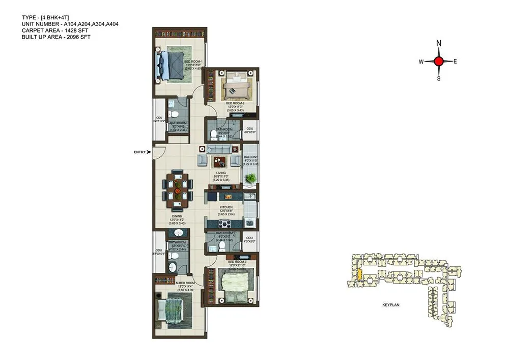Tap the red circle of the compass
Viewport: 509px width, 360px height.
[x=439, y=61]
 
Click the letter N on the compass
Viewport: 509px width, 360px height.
[x=439, y=43]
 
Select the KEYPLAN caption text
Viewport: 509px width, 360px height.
[x=391, y=304]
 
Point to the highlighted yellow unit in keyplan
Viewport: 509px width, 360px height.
[x=360, y=275]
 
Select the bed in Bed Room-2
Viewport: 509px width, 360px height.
[x=237, y=85]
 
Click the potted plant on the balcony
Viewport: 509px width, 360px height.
[x=250, y=178]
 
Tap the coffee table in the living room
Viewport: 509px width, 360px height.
[x=219, y=162]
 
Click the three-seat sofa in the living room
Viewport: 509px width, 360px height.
[x=219, y=149]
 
